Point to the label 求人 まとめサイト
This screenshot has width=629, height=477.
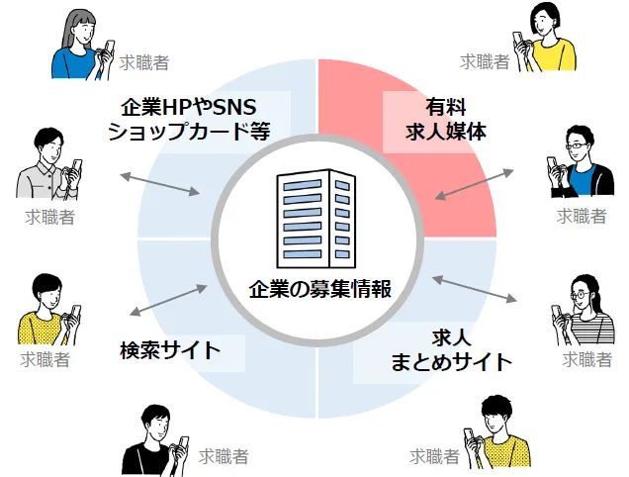(450, 348)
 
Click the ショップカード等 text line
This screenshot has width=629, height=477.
(188, 132)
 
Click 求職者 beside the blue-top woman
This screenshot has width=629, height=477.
(143, 62)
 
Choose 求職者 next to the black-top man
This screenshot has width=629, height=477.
(223, 457)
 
